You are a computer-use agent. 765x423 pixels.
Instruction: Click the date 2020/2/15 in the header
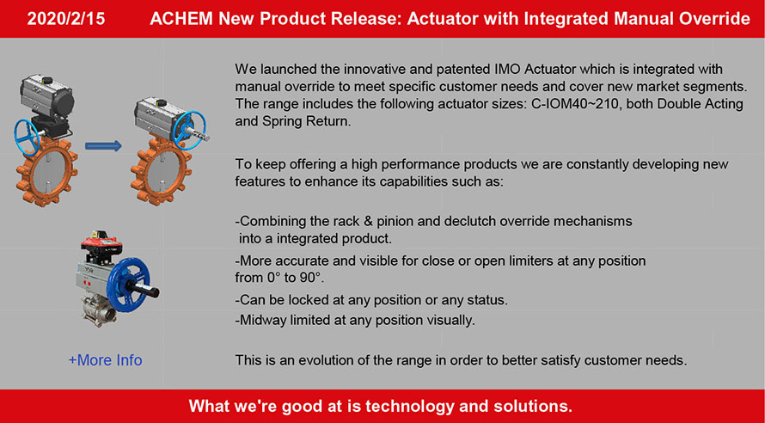[x=66, y=19]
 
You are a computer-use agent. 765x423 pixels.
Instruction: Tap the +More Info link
[x=106, y=360]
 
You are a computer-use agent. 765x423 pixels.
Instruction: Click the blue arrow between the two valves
[x=103, y=145]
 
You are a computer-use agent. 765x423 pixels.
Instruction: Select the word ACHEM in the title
[x=181, y=19]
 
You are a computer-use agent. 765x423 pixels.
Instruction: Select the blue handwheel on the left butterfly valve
[x=28, y=137]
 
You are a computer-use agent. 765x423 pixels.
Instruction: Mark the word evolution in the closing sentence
[x=324, y=360]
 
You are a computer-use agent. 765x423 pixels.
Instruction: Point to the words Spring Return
[x=306, y=121]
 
